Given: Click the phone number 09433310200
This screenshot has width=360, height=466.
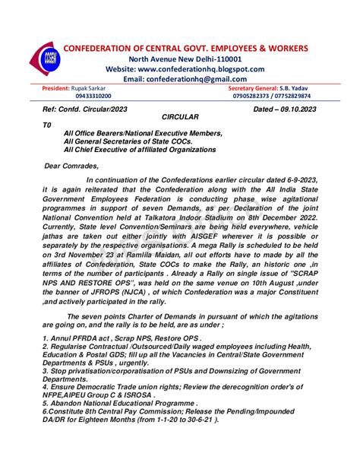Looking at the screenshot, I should [93, 97].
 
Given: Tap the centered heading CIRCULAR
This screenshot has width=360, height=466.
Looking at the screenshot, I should [180, 119].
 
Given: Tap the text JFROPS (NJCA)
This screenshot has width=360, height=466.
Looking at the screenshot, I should [116, 292].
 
